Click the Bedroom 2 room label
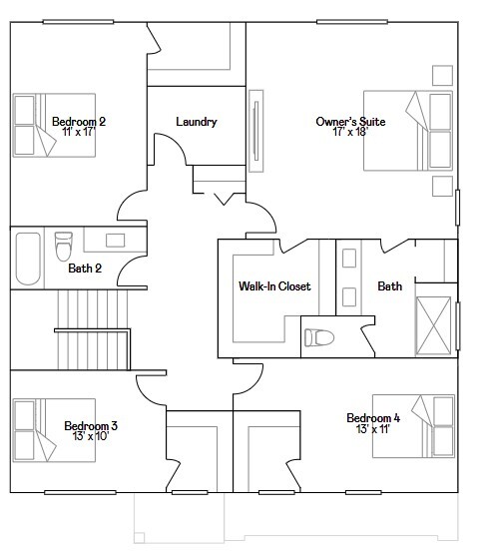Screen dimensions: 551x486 point(79,122)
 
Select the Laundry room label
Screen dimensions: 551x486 point(196,122)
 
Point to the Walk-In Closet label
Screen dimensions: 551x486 point(273,286)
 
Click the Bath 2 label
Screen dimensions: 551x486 point(85,268)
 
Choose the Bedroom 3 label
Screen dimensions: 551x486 point(91,426)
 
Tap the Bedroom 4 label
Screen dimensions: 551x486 point(373,417)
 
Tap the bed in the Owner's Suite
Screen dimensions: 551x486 point(430,130)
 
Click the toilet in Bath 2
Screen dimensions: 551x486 point(64,244)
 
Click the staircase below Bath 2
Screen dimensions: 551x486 point(91,327)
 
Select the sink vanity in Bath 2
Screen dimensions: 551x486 point(115,240)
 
